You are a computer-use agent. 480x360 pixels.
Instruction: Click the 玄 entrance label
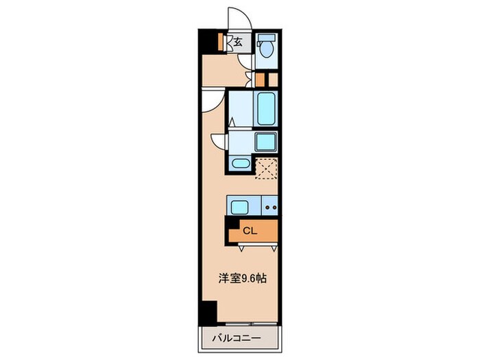pyautogui.click(x=238, y=42)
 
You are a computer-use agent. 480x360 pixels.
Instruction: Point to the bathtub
pyautogui.click(x=266, y=108)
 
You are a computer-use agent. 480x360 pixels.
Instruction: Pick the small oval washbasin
pyautogui.click(x=239, y=163)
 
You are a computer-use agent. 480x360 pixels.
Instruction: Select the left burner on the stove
pyautogui.click(x=266, y=206)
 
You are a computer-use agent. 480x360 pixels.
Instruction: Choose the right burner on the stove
pyautogui.click(x=274, y=206)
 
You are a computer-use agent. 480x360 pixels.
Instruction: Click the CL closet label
pyautogui.click(x=251, y=231)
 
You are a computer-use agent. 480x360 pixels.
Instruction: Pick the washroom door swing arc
pyautogui.click(x=219, y=141)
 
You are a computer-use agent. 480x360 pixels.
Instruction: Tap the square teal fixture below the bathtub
pyautogui.click(x=265, y=142)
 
